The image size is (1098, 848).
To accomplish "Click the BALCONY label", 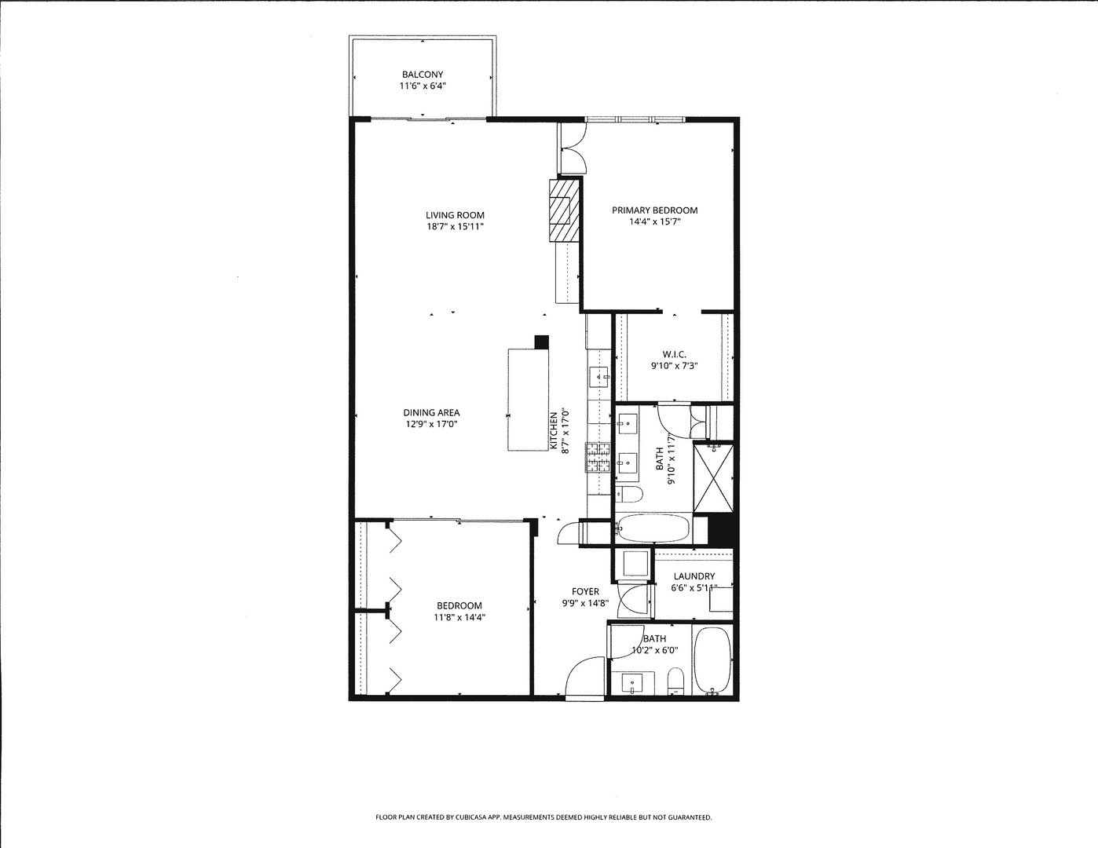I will click(x=423, y=75).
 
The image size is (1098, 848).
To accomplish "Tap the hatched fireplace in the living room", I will click(x=561, y=210).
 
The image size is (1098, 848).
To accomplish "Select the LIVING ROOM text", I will click(x=455, y=215).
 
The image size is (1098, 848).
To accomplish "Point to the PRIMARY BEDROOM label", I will click(x=654, y=210).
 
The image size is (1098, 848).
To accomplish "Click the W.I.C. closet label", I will click(x=674, y=354).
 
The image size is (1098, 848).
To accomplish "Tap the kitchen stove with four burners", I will click(x=598, y=458).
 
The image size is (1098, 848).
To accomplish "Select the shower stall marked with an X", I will click(x=714, y=478).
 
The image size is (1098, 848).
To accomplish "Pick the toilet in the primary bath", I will click(x=629, y=495).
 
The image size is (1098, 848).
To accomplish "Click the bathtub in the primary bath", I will click(x=652, y=528).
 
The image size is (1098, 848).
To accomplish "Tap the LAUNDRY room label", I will click(x=694, y=576).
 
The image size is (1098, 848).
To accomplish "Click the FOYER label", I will click(x=585, y=591).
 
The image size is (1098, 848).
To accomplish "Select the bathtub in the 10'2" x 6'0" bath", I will click(x=713, y=660).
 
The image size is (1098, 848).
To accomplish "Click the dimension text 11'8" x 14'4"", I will click(x=460, y=617).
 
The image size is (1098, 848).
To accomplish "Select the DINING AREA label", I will click(x=431, y=412).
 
